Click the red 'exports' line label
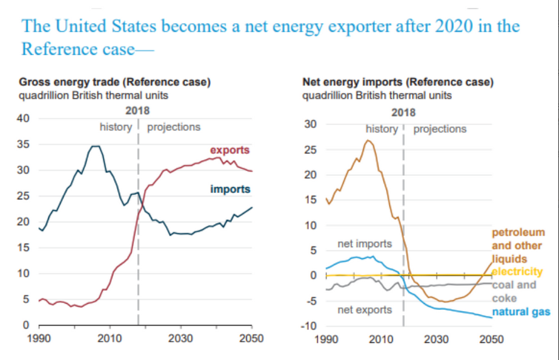click(x=230, y=151)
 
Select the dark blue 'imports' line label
click(x=230, y=189)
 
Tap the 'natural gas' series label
click(x=521, y=312)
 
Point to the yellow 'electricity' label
click(x=517, y=271)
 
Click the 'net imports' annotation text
click(x=365, y=243)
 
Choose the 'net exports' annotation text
click(x=365, y=310)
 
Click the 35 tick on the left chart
click(x=22, y=145)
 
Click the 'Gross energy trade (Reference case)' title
click(x=114, y=83)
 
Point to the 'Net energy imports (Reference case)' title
click(x=398, y=82)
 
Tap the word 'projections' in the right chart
click(x=440, y=129)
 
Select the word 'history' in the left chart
click(x=115, y=127)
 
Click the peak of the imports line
click(x=95, y=146)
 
